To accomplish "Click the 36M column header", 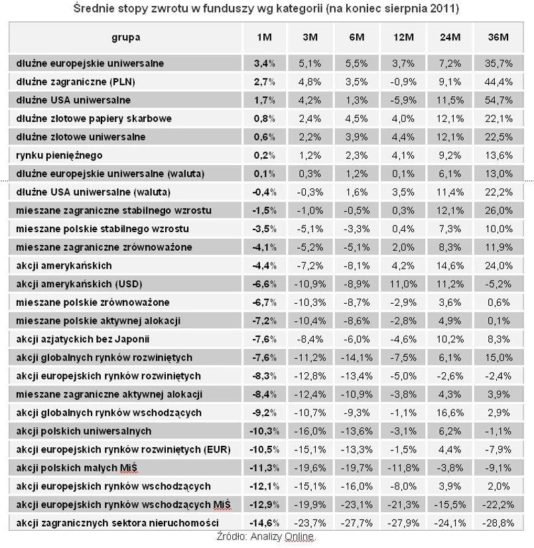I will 498,37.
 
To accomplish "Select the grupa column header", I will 126,37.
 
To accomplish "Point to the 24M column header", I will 451,37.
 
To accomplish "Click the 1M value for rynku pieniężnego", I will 265,155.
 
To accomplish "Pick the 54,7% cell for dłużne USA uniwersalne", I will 499,100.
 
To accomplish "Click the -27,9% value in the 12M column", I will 403,522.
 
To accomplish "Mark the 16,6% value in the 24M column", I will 451,412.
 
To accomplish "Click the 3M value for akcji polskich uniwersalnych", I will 309,431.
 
